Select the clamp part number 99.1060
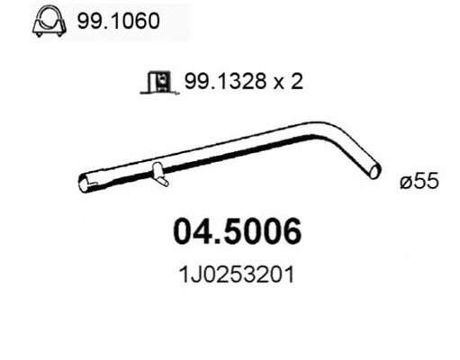116,24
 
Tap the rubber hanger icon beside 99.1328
158,84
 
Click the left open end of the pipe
83,184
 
